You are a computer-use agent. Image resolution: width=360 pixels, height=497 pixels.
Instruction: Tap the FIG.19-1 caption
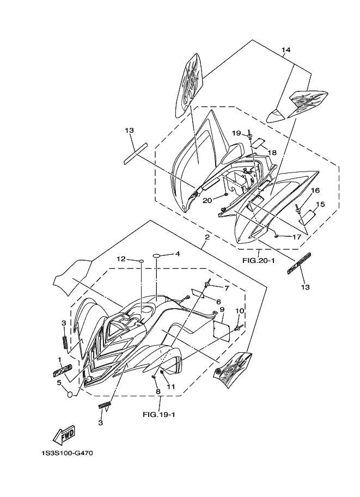pos(157,414)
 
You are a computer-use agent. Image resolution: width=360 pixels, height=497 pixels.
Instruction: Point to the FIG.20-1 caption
pos(258,260)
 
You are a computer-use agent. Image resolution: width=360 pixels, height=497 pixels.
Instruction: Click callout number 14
pos(286,50)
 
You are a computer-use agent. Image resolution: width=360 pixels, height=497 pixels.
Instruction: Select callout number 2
pos(207,237)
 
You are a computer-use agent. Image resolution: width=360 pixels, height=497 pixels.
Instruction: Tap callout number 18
pos(272,152)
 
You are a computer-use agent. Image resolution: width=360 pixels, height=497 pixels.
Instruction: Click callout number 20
pos(207,200)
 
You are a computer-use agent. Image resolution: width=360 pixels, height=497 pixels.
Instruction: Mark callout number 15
pos(320,204)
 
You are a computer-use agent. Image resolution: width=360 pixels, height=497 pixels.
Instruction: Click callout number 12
pos(120,259)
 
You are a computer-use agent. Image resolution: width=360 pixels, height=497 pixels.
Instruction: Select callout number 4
pos(177,254)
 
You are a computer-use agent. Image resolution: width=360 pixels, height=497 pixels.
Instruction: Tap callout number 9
pos(222,309)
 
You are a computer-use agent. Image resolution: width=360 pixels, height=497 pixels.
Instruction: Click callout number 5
pos(59,383)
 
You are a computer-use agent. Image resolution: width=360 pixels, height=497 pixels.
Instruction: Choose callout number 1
pos(59,359)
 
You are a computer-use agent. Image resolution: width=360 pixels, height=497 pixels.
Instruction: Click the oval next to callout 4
pos(156,255)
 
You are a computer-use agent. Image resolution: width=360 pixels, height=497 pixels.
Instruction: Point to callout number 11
pos(171,387)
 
